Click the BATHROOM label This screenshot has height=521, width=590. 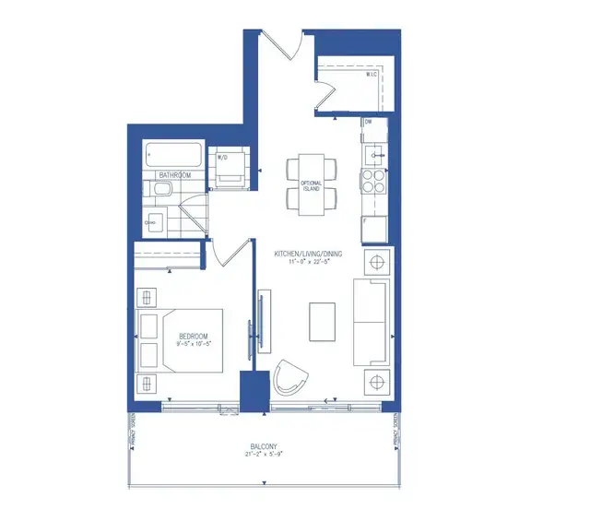point(175,173)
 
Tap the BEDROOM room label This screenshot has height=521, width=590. point(194,337)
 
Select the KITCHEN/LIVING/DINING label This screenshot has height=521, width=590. point(303,254)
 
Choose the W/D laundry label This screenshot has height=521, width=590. point(223,158)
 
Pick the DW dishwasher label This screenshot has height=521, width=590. point(368,122)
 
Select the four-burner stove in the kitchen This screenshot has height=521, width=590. point(375,179)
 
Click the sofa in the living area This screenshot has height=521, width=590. point(372,323)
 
